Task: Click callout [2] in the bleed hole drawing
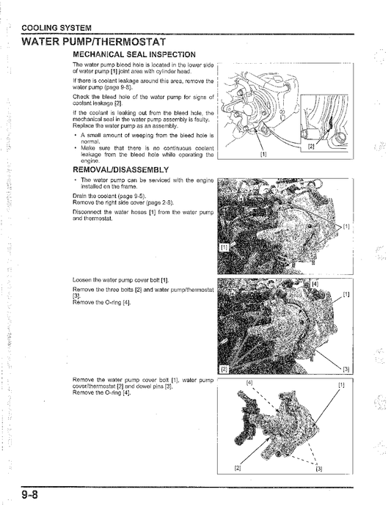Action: tap(311, 146)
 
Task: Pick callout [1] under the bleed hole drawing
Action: tap(263, 154)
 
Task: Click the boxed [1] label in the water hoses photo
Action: tap(224, 249)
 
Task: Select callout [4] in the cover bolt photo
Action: tap(315, 283)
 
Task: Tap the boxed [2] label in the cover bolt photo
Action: tap(224, 367)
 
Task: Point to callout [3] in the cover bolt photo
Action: tap(346, 368)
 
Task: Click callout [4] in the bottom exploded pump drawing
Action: tap(249, 384)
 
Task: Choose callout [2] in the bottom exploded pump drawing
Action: tap(237, 466)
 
